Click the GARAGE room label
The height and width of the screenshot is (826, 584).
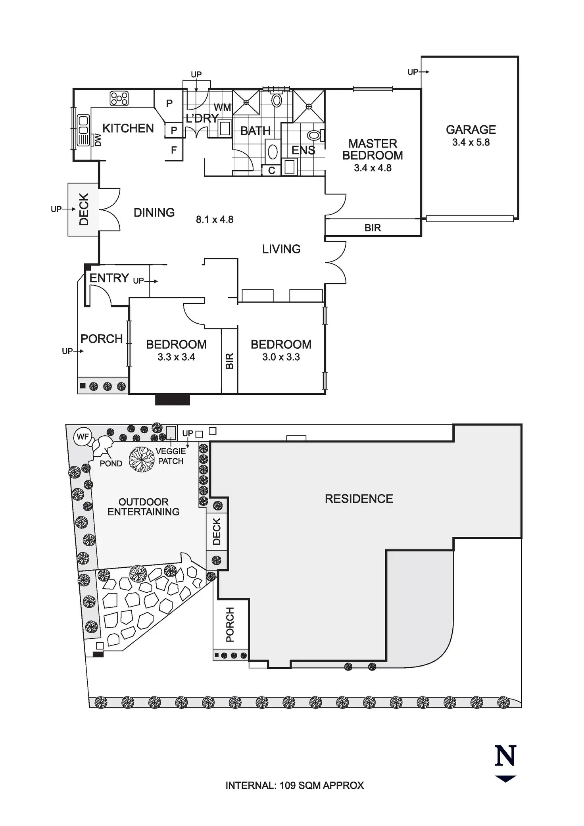(471, 130)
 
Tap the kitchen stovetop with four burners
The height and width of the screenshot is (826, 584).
(119, 99)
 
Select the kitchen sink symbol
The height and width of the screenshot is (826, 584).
(83, 125)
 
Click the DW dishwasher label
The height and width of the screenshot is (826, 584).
(98, 140)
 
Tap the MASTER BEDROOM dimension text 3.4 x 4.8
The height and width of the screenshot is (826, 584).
(373, 168)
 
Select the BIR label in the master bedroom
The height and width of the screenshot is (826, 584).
(373, 228)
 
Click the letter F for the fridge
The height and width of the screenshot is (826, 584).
(174, 150)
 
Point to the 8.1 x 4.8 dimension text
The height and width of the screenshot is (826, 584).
(215, 219)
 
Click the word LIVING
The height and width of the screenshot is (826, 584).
(281, 249)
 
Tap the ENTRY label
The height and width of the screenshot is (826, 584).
(109, 278)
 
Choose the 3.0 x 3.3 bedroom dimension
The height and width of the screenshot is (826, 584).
(281, 357)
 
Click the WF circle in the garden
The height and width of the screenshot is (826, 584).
(83, 437)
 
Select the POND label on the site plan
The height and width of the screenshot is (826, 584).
(111, 463)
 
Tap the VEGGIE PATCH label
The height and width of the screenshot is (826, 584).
(171, 456)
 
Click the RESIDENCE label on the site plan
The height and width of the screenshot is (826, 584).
(359, 499)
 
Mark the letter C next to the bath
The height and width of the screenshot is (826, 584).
(272, 171)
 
